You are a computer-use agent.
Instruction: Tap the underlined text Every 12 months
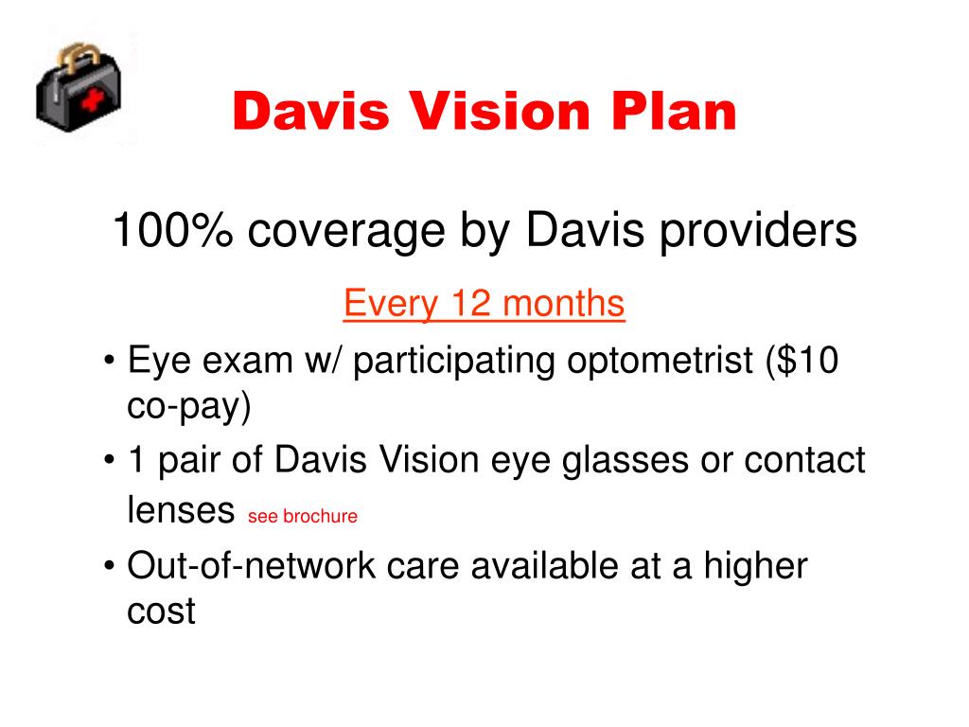click(x=484, y=305)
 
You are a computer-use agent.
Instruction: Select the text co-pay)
click(x=189, y=407)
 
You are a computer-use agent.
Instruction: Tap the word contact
click(x=804, y=462)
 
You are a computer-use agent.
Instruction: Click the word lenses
click(x=180, y=511)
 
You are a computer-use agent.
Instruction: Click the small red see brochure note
click(x=302, y=517)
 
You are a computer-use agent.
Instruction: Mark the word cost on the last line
click(x=161, y=612)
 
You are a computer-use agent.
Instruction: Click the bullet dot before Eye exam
click(x=112, y=363)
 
